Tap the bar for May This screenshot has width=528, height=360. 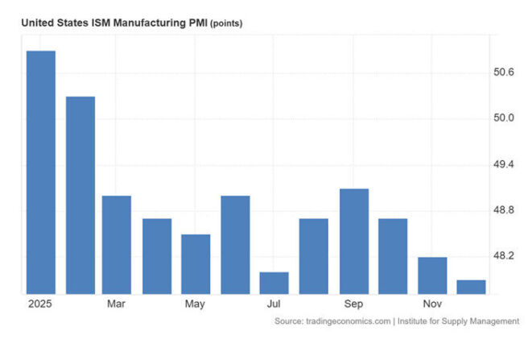click(x=196, y=263)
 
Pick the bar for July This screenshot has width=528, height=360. click(x=274, y=283)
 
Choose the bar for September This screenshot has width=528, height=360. click(x=354, y=241)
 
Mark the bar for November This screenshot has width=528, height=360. click(x=432, y=275)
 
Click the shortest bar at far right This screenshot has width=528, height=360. click(x=471, y=287)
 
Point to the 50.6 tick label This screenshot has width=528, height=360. click(x=503, y=72)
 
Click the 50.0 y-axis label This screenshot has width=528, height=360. click(x=503, y=118)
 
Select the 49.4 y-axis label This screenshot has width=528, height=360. click(x=503, y=164)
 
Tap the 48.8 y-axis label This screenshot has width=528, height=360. click(x=503, y=210)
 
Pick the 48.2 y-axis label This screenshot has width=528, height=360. click(x=503, y=256)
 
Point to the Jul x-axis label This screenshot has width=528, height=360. click(x=274, y=304)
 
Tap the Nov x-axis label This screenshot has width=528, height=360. click(x=433, y=304)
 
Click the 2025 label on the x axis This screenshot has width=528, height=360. click(x=39, y=304)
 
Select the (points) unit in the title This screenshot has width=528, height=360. click(x=226, y=23)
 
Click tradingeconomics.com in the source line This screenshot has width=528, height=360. click(x=349, y=321)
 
